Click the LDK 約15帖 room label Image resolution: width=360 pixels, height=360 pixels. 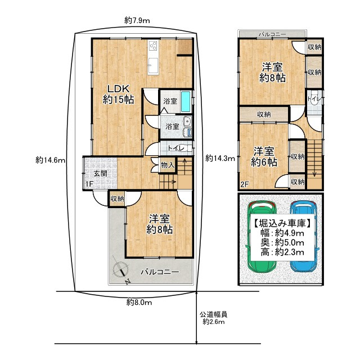coord(118,94)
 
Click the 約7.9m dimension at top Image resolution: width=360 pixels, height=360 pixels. coord(137,21)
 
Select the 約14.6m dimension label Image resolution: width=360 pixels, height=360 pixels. coord(51,160)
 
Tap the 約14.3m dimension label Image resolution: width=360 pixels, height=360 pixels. coord(219,158)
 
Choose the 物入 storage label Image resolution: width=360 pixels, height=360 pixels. coord(167,165)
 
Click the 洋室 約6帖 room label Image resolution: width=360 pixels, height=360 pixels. coord(264,156)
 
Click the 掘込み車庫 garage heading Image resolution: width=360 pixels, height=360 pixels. coord(280,222)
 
